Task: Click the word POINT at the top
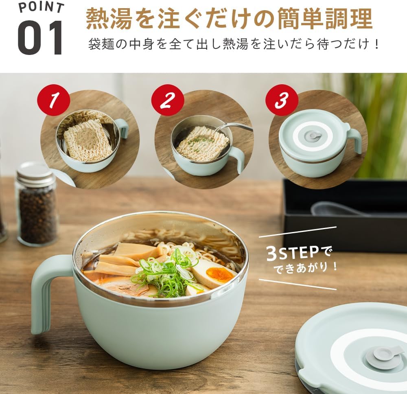(x=41, y=7)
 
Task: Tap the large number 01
(x=40, y=37)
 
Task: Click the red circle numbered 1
(x=53, y=101)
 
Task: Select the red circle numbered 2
(x=168, y=101)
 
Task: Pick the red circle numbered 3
(x=281, y=101)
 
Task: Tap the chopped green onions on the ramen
(x=166, y=270)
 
